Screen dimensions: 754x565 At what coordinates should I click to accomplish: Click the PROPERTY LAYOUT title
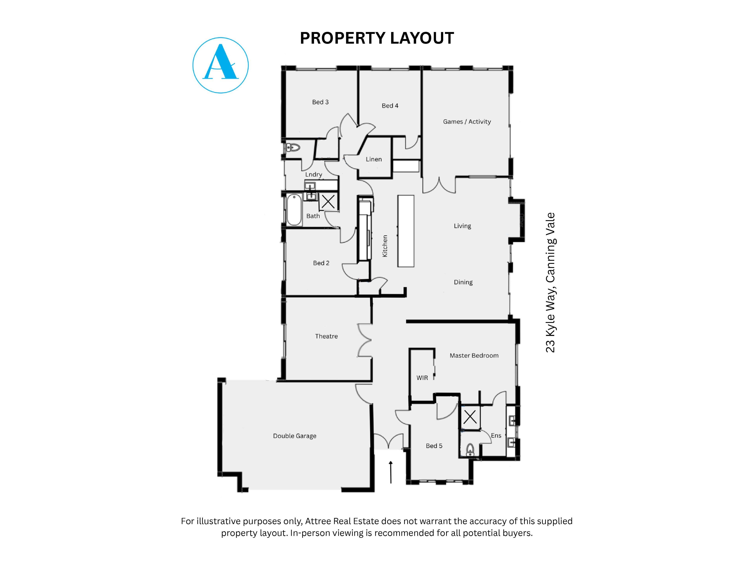coord(377,38)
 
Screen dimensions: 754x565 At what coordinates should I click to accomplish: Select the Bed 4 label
coord(390,106)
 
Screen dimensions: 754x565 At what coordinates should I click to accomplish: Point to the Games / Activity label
coord(467,122)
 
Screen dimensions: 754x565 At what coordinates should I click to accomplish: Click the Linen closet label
coord(374,159)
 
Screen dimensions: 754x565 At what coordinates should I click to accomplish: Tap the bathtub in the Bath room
coord(294,210)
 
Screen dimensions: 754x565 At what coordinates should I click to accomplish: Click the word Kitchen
coord(385,246)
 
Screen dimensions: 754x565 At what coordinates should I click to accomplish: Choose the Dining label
coord(463,282)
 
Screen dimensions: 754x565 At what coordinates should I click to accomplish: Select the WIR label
coord(422,378)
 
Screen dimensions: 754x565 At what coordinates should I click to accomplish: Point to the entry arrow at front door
coord(391,472)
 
